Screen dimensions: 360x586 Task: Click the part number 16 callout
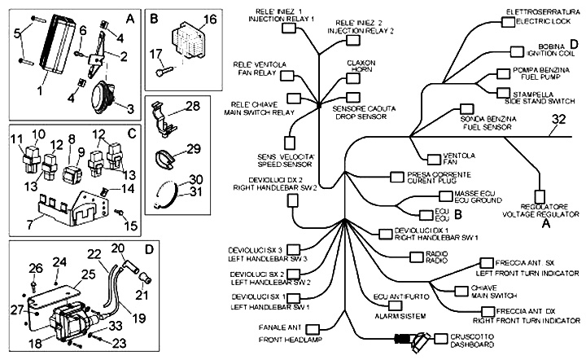click(x=209, y=19)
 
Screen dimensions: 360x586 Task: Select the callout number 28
click(x=192, y=106)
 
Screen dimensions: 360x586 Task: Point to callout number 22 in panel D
click(x=94, y=254)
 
